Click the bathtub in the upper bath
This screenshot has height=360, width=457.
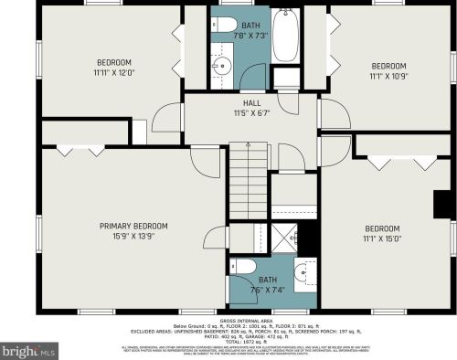pos(285,37)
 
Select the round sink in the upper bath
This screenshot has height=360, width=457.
pos(220,66)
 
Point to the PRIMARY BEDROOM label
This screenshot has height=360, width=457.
pos(133,226)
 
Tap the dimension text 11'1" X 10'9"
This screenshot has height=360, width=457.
pos(388,77)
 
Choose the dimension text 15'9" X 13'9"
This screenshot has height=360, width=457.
pos(133,237)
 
